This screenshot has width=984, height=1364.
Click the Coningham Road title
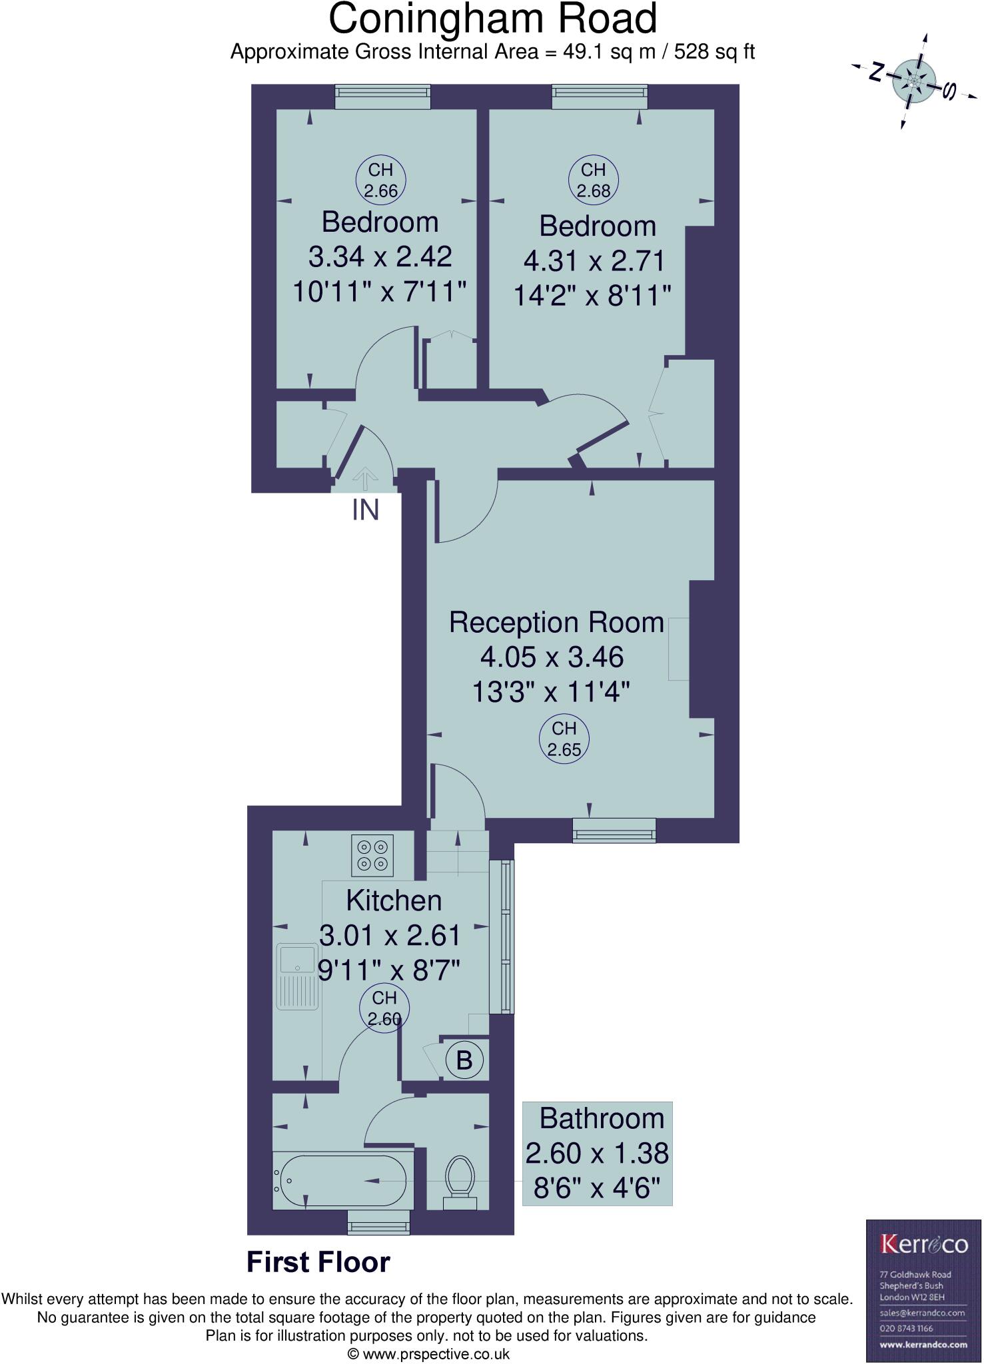492,19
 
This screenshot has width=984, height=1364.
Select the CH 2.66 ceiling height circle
380,180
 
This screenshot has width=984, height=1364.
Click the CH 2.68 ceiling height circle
593,180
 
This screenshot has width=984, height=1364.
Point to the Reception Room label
556,623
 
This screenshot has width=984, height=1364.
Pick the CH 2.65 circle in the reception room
564,739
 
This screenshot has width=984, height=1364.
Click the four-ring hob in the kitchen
372,855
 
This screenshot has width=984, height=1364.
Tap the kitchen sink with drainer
298,976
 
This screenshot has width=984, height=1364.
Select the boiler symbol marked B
464,1060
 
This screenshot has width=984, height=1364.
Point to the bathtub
342,1181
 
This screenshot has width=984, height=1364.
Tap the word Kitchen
394,900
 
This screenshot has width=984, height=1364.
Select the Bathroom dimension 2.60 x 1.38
597,1153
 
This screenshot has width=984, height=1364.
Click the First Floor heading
318,1262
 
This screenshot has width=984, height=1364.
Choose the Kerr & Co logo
923,1243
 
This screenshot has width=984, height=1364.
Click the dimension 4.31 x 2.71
594,260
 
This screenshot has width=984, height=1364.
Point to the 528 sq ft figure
714,52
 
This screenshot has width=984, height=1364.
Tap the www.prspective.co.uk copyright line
430,1354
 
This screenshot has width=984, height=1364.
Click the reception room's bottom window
614,830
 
